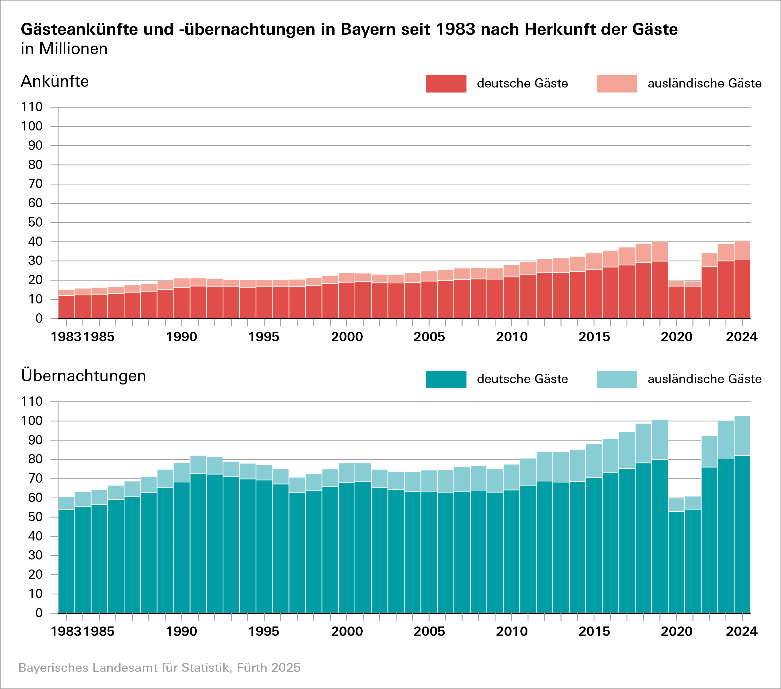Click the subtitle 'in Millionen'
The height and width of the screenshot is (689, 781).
pyautogui.click(x=64, y=49)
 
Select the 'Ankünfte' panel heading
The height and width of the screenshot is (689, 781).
pyautogui.click(x=55, y=82)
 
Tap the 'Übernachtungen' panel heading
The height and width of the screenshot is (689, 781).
pyautogui.click(x=84, y=376)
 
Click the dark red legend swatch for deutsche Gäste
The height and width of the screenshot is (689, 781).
pyautogui.click(x=446, y=84)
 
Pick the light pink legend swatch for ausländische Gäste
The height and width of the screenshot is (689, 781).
pyautogui.click(x=617, y=84)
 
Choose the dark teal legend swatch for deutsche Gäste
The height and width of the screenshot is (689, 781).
pyautogui.click(x=446, y=379)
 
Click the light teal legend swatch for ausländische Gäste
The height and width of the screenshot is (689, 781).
pyautogui.click(x=617, y=379)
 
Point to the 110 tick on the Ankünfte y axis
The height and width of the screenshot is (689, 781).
pyautogui.click(x=32, y=107)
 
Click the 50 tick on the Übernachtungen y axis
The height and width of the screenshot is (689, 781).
pyautogui.click(x=35, y=517)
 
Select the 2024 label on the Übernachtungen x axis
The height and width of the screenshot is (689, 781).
pyautogui.click(x=741, y=631)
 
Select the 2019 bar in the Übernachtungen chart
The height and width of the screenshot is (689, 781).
pyautogui.click(x=660, y=535)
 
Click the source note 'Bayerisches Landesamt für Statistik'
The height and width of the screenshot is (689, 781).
pyautogui.click(x=159, y=668)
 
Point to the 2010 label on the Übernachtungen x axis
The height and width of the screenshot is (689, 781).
pyautogui.click(x=512, y=631)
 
